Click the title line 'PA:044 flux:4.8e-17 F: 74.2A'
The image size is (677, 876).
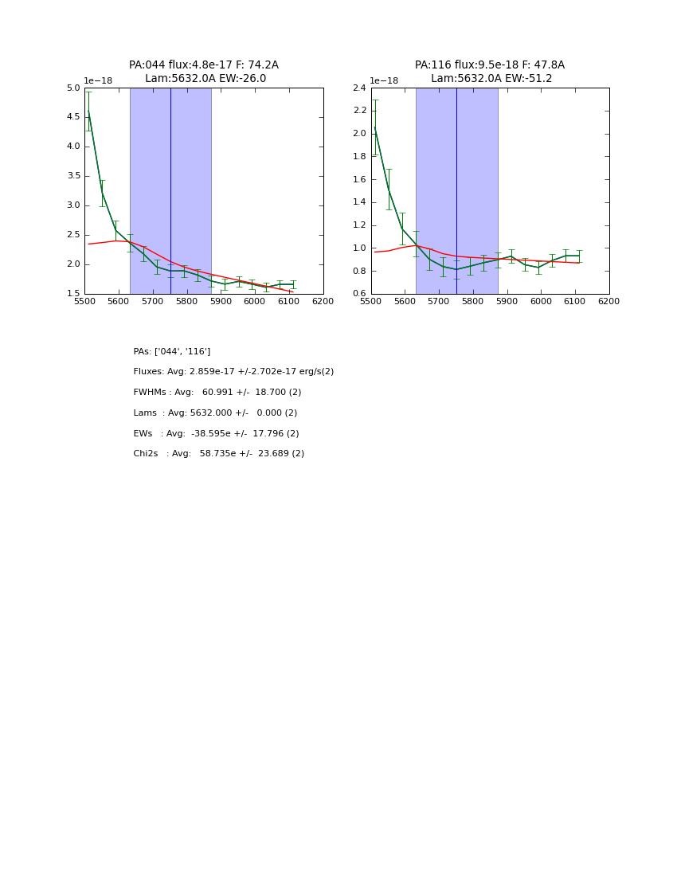point(203,65)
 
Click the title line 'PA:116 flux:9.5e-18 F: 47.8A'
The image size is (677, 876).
point(489,65)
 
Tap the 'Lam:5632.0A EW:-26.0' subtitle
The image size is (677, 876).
point(205,79)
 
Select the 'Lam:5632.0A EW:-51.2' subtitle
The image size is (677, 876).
point(491,79)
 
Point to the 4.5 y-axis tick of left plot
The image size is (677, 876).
point(73,117)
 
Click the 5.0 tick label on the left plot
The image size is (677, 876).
point(73,88)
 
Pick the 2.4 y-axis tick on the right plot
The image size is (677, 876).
point(359,88)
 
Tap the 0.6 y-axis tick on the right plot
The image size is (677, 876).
point(359,294)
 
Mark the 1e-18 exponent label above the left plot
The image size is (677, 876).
point(98,81)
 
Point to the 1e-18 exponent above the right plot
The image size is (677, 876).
point(384,81)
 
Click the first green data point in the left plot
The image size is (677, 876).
point(88,111)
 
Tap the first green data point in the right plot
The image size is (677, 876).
point(374,127)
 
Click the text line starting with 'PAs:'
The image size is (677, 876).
point(171,352)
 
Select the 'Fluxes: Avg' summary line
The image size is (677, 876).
point(233,372)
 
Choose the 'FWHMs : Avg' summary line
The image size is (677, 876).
point(217,393)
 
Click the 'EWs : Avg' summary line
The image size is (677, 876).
point(216,434)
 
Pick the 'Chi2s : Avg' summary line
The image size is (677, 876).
point(218,454)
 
